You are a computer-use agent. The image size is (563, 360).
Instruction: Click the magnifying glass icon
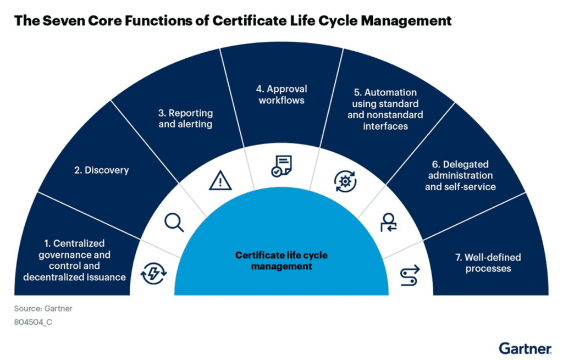[174, 222]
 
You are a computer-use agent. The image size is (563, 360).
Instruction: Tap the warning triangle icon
[220, 180]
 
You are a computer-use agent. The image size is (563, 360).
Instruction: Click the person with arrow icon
[388, 221]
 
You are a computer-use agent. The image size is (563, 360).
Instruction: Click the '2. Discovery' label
[101, 170]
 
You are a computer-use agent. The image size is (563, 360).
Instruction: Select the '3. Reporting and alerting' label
[185, 119]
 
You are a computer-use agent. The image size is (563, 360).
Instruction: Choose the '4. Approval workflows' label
[282, 95]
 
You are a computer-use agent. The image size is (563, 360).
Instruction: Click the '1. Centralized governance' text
[74, 248]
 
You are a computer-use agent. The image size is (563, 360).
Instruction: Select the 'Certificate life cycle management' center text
[281, 261]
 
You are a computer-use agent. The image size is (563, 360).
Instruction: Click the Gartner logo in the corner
[525, 348]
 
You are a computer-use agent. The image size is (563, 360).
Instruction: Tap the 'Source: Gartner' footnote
[43, 309]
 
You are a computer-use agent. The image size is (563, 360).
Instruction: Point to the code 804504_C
[33, 322]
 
